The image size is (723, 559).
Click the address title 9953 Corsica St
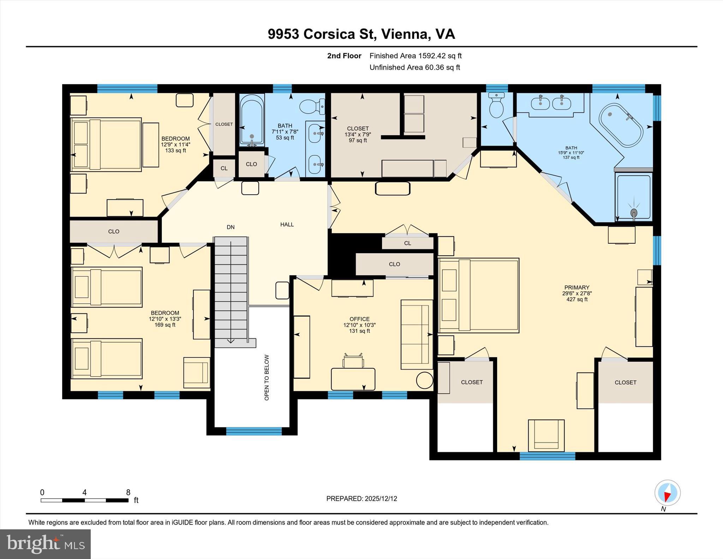361,34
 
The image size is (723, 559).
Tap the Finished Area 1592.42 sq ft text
416,56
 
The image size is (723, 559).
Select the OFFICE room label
359,319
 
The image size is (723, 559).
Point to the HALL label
287,225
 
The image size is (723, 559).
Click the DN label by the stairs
231,227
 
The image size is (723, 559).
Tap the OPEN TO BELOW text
267,377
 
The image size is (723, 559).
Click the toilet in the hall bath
312,106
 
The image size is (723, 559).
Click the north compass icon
667,493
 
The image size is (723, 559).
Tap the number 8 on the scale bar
128,492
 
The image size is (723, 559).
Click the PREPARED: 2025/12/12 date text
361,499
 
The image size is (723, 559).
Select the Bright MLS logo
45,544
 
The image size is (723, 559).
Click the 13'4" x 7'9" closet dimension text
358,135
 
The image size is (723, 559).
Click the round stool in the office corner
424,380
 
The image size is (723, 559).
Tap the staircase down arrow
231,340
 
